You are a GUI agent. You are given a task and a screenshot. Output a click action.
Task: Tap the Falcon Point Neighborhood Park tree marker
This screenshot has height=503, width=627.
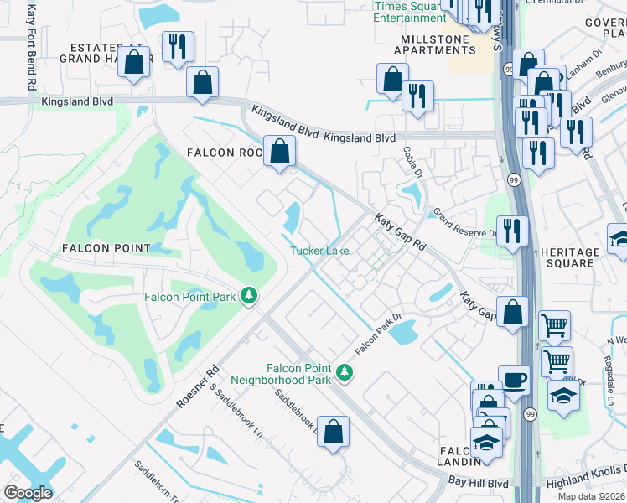coord(343,371)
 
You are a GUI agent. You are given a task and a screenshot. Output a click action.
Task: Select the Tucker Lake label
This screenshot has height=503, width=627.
coord(319,251)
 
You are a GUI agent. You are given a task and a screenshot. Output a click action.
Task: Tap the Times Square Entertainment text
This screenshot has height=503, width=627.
coord(410,12)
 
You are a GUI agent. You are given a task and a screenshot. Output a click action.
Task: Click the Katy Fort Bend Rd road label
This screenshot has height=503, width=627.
coord(31,48)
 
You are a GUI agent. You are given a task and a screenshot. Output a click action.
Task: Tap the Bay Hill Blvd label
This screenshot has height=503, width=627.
coord(478,484)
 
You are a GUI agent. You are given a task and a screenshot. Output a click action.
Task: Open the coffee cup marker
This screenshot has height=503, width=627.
coord(514,380)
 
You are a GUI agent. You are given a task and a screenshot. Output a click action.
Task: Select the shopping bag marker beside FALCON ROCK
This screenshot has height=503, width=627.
coord(280,151)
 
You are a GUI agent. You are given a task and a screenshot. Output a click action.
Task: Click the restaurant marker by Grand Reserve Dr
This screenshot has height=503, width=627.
coord(512,231)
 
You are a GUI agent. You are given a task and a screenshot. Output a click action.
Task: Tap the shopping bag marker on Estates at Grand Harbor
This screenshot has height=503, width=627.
coord(133,62)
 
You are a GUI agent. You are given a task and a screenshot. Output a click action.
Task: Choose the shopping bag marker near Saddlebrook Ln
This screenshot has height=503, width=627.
coord(333,432)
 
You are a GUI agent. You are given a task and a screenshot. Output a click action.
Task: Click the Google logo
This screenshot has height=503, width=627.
coord(28,493)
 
